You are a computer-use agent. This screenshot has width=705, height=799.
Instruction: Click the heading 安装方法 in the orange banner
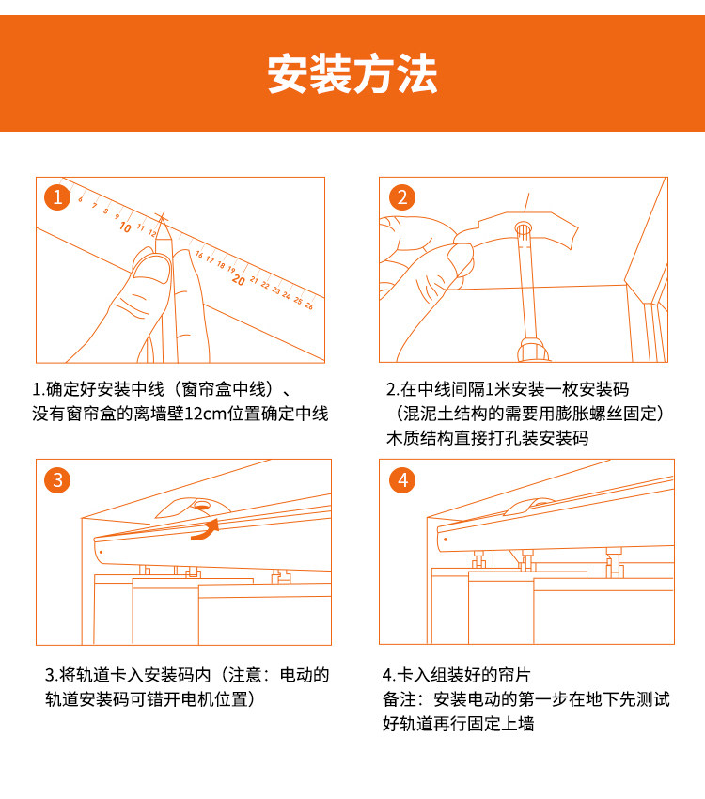coord(352,74)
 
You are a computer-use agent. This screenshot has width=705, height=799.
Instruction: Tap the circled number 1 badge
coord(57,197)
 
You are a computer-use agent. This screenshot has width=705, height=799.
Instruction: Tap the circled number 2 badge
coord(402,197)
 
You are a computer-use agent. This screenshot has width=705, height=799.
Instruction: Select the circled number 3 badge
coord(57,480)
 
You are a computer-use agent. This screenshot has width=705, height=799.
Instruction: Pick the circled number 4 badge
coord(402,480)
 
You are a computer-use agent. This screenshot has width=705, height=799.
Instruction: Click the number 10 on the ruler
coord(125,227)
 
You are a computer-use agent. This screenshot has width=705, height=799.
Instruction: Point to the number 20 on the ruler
coord(238,280)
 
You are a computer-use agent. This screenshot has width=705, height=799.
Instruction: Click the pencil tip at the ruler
coord(162,216)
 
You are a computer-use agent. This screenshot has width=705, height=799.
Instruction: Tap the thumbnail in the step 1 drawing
coord(151,268)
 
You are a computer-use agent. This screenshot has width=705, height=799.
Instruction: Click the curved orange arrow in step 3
coord(206,530)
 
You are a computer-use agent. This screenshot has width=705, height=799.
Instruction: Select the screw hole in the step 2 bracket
coord(524,227)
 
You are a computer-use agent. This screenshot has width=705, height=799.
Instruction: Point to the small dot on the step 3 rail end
coord(101,552)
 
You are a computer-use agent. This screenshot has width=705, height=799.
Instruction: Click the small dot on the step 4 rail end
coord(446,540)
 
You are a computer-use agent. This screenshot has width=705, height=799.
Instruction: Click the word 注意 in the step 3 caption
coord(244,675)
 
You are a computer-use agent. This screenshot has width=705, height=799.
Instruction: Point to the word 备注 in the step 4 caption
coord(399,699)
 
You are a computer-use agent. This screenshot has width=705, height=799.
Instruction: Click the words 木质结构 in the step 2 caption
coord(420,438)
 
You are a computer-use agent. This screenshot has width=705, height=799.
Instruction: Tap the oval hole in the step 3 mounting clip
coord(202,506)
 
